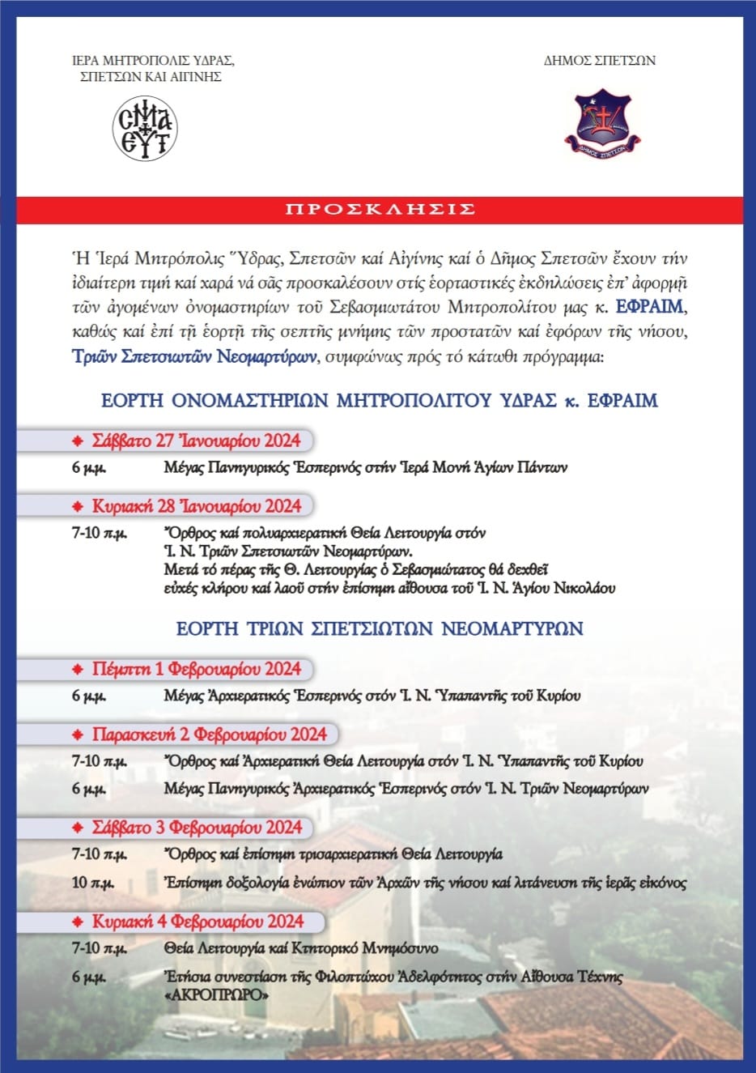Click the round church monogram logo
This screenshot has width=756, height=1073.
(x=144, y=129)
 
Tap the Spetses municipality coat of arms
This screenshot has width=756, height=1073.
(x=601, y=123)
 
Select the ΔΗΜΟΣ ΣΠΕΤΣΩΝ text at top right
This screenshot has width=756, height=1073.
(x=599, y=60)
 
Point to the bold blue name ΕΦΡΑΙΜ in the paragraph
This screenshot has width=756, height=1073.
(x=649, y=307)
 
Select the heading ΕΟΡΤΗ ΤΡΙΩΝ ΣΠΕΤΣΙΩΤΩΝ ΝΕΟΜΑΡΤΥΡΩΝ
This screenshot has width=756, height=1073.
(x=380, y=628)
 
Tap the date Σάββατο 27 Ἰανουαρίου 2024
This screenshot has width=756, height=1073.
(x=196, y=441)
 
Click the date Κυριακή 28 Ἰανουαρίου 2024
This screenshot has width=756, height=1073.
(x=196, y=506)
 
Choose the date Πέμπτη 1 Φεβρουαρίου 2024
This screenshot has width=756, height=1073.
(x=196, y=669)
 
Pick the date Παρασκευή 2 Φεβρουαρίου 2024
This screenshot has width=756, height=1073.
(x=209, y=734)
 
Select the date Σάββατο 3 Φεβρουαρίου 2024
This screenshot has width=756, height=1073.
(x=197, y=828)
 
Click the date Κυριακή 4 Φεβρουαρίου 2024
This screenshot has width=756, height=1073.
(x=197, y=922)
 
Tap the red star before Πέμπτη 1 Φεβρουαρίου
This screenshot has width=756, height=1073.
(x=78, y=670)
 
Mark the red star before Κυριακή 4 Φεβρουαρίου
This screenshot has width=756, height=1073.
(x=78, y=922)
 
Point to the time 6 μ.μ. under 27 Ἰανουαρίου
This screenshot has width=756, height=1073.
(x=88, y=468)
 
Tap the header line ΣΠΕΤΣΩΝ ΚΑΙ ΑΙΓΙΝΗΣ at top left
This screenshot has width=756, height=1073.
(x=151, y=77)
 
